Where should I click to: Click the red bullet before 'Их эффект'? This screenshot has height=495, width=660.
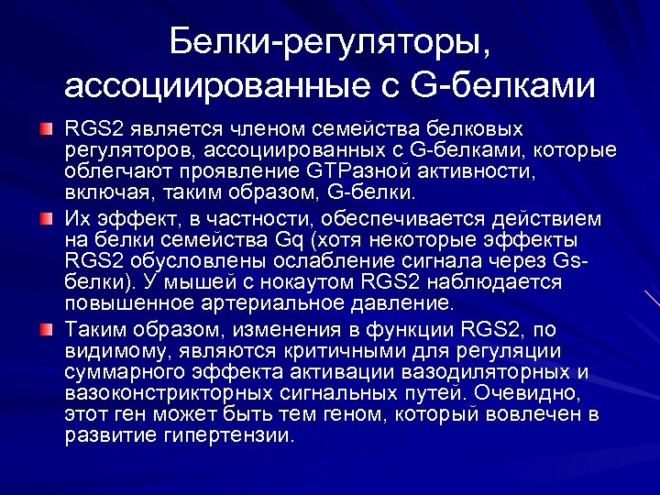coord(46,218)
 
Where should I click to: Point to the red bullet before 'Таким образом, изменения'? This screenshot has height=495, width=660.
coord(46,329)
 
